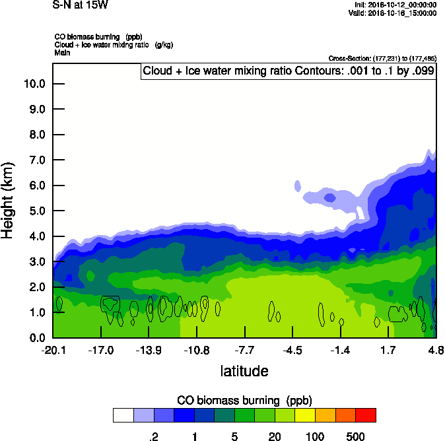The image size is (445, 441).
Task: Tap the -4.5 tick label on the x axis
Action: point(292,350)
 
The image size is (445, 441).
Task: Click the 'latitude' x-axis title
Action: point(244,371)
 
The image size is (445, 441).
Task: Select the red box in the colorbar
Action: point(366,415)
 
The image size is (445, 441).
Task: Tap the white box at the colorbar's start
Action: point(123,415)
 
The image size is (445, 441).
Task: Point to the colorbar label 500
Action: point(356,436)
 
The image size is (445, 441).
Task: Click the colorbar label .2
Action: point(153,436)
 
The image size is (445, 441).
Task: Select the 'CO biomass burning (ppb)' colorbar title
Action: point(244,401)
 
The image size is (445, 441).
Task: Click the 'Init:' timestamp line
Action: point(395,5)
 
